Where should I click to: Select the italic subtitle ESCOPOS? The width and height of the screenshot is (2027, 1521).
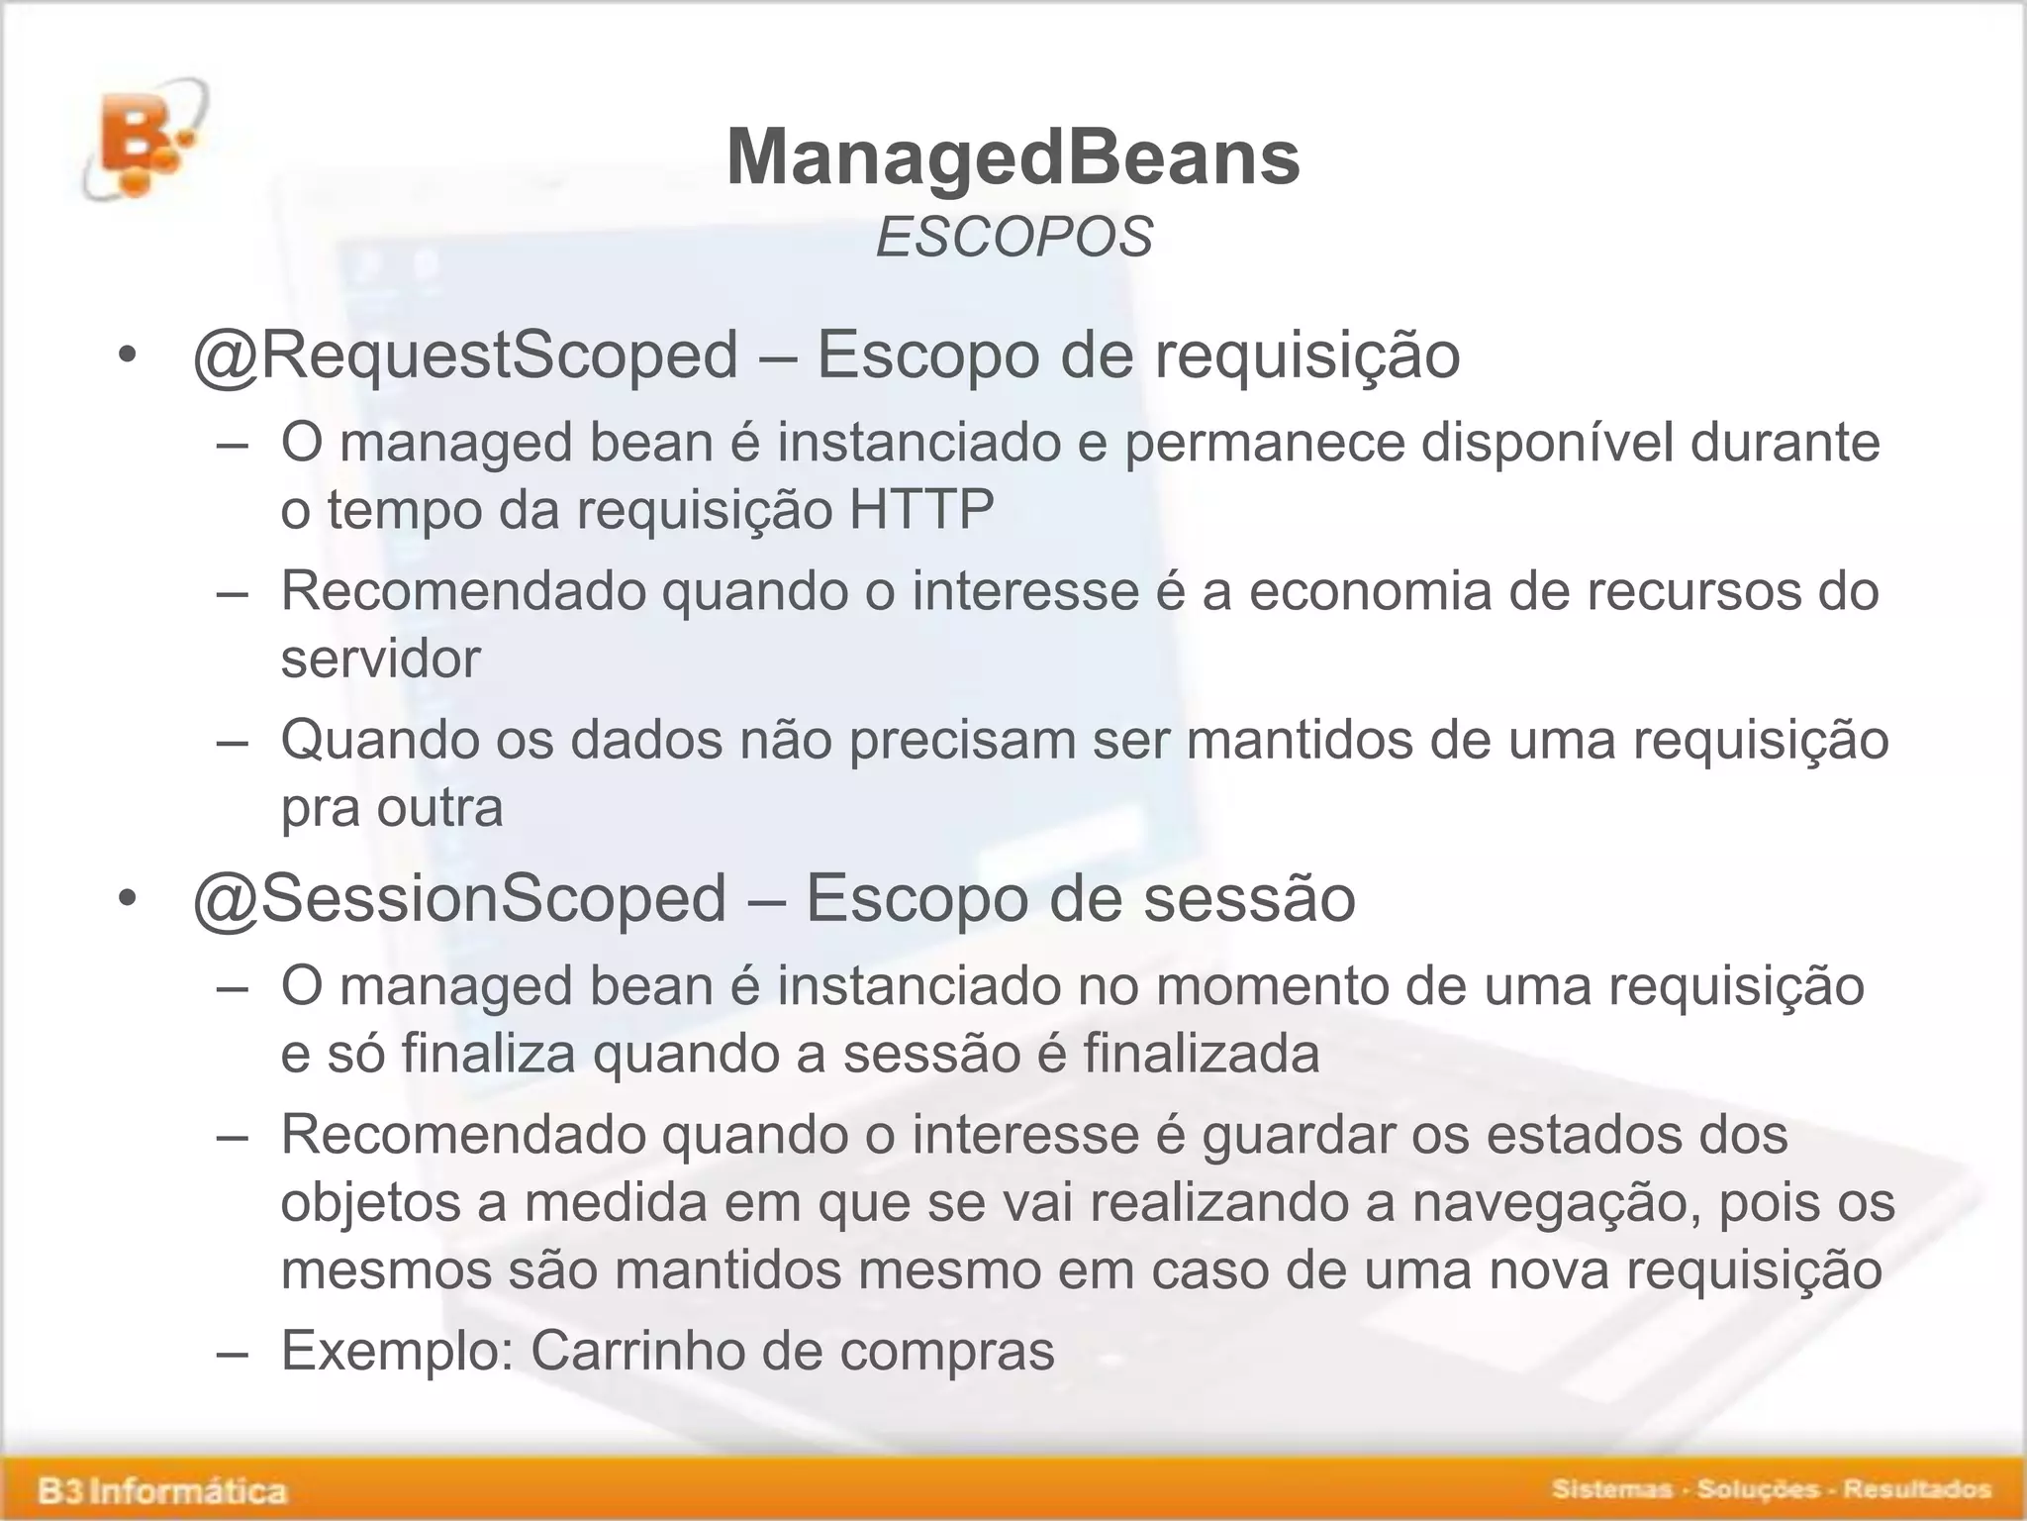1014,239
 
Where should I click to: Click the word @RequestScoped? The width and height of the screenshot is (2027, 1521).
465,355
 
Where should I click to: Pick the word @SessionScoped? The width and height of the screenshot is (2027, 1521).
459,899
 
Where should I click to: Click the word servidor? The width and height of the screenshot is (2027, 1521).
380,659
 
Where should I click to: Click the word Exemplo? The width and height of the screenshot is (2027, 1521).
396,1351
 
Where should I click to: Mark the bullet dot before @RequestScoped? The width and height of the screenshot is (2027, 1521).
126,356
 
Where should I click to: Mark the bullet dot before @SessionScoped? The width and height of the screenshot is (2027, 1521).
126,900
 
